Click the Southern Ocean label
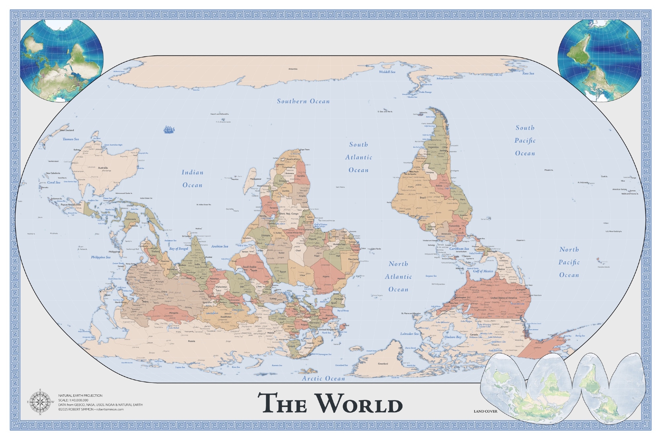pos(303,101)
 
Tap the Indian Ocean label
pos(192,179)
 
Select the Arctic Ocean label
pos(323,379)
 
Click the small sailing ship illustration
pos(169,129)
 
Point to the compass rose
pos(40,402)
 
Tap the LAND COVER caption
pos(485,411)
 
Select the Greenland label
pos(383,364)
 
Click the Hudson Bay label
pos(453,337)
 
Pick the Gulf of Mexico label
pos(483,271)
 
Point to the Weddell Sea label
pos(387,72)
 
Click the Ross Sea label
pos(528,74)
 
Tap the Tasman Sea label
pos(71,139)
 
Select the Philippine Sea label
pos(101,257)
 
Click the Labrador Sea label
pos(409,334)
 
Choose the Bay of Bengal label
pos(178,249)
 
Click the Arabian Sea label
pos(219,247)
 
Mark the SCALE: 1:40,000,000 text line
pos(73,400)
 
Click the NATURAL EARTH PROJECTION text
pos(80,395)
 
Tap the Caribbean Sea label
pos(459,249)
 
